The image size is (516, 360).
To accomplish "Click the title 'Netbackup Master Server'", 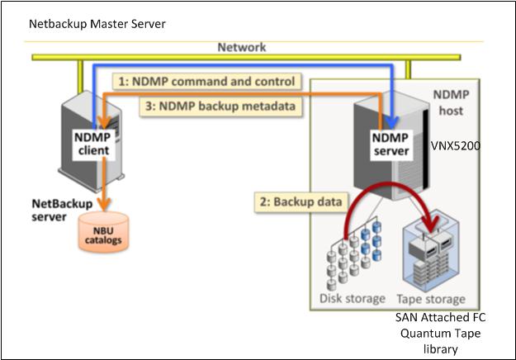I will click(x=97, y=24).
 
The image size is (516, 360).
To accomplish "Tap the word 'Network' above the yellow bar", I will click(x=242, y=47).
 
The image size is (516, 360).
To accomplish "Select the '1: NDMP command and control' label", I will click(x=206, y=83).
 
